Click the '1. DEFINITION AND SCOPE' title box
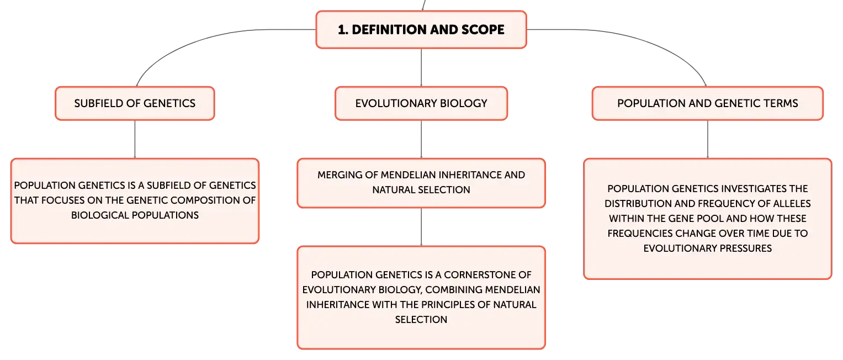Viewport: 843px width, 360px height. [x=421, y=30]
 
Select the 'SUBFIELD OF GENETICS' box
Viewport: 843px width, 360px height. [x=135, y=104]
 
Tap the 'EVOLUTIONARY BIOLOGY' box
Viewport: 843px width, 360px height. [x=421, y=104]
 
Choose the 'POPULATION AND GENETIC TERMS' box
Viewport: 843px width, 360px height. [x=708, y=104]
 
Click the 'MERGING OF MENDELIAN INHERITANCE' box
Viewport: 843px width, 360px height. [x=421, y=183]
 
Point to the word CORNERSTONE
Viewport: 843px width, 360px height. [x=487, y=275]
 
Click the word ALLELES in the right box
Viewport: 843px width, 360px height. [x=792, y=203]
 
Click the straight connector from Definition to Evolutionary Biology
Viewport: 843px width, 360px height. [x=421, y=68]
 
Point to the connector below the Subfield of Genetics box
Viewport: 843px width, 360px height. [x=135, y=139]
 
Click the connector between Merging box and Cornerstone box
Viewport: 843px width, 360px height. [x=421, y=227]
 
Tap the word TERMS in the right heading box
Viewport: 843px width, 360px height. [x=781, y=104]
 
